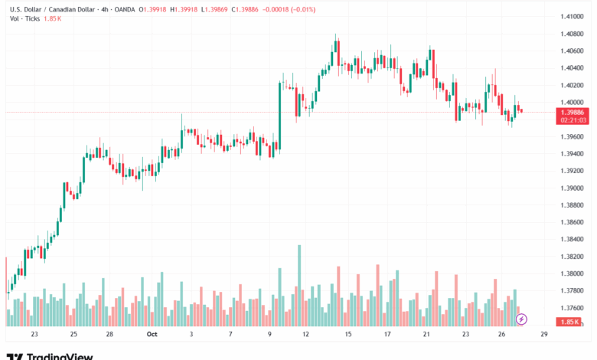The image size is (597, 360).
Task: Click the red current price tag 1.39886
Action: coord(573,112)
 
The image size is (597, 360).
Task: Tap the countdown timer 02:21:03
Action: coord(573,120)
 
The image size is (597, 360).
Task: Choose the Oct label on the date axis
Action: coord(151,335)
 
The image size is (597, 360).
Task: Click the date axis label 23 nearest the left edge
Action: coord(34,335)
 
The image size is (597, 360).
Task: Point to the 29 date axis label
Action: coord(543,335)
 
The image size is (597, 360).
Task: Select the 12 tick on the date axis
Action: coord(305,335)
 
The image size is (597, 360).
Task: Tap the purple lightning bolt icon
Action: coord(522,318)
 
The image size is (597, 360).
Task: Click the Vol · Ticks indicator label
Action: coord(23,18)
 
